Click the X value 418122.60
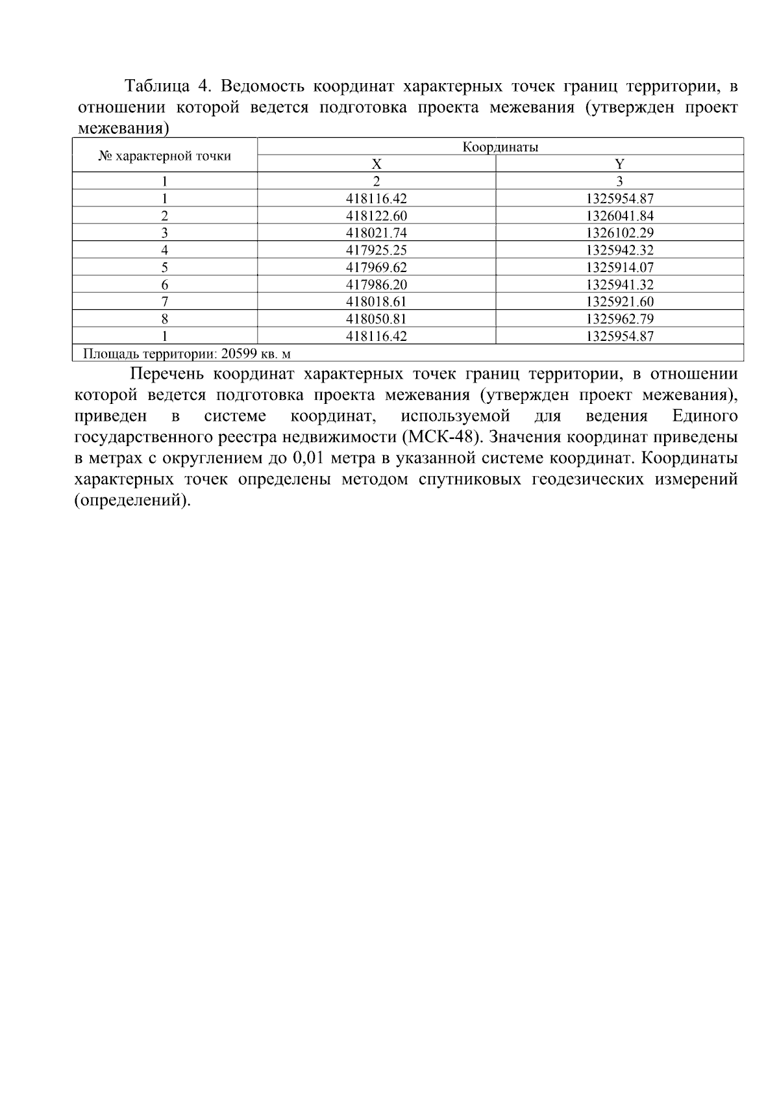pos(377,216)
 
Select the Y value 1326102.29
pos(619,232)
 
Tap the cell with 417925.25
pos(377,250)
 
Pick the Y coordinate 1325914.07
pos(619,267)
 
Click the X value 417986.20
pos(377,284)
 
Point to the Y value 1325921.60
pos(619,301)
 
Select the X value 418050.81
pos(377,319)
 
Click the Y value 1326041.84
pos(619,216)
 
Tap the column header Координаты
pos(500,147)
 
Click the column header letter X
pos(377,164)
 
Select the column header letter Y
pos(619,164)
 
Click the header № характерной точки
pos(164,156)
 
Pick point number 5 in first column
pos(165,267)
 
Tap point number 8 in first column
pos(165,319)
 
